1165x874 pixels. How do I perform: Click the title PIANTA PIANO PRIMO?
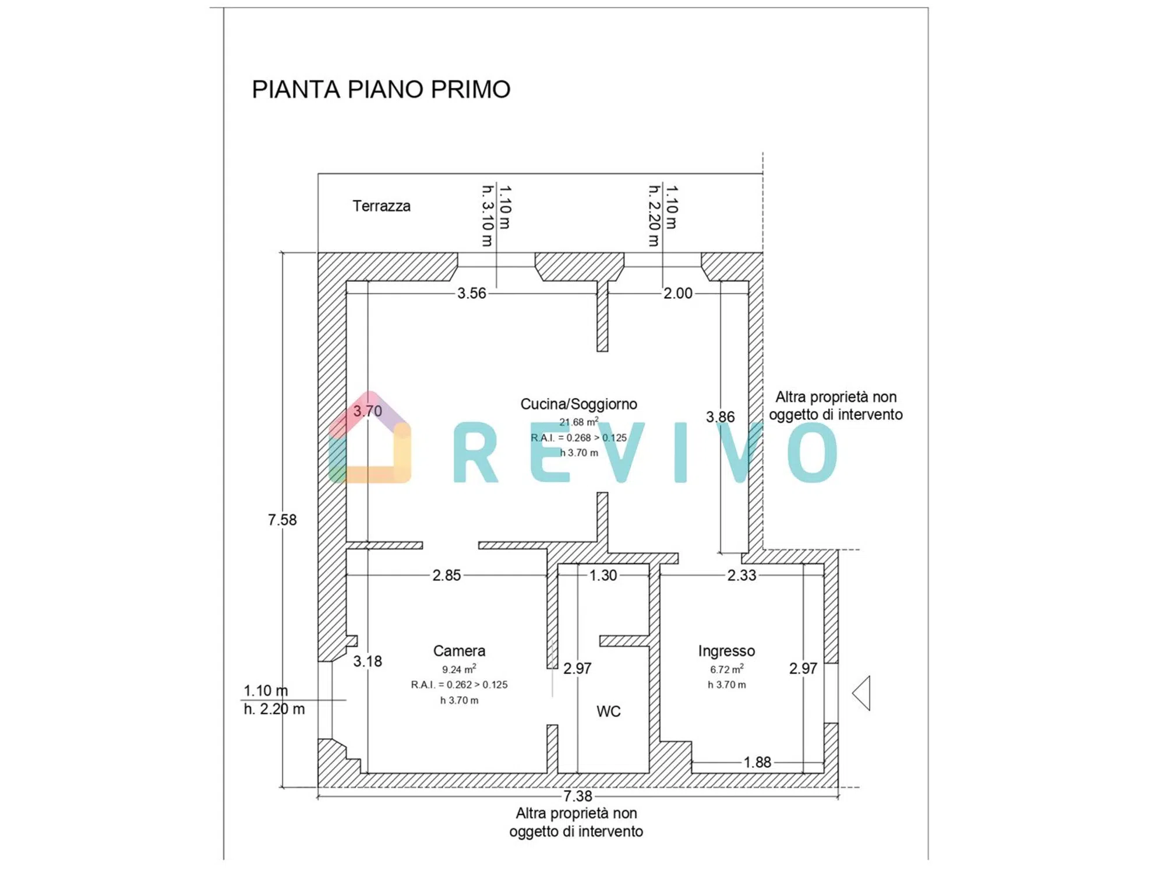coord(381,89)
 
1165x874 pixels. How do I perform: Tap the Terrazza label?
coord(382,206)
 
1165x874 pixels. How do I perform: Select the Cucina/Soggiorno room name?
coord(578,404)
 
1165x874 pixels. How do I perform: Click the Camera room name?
coord(459,651)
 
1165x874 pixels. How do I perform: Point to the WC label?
coord(609,711)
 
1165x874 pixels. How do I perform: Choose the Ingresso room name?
coord(726,651)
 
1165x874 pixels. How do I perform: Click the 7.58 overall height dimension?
coord(282,520)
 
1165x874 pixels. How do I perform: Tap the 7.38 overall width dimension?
coord(577,796)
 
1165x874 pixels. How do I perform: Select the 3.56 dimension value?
coord(471,293)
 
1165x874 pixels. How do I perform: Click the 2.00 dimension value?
coord(678,293)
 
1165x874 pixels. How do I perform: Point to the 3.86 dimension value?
coord(720,417)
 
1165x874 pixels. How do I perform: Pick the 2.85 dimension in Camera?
coord(446,576)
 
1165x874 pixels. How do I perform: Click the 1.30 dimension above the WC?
coord(603,576)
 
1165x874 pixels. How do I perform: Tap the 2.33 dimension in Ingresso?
coord(742,576)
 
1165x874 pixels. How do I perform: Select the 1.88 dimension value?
coord(757,762)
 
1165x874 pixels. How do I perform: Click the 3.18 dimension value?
coord(368,661)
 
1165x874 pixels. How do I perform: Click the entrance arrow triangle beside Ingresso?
coord(862,693)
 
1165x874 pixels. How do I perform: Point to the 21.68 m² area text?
coord(578,422)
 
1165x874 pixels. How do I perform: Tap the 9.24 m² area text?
coord(459,669)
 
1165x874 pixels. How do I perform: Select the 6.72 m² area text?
coord(726,669)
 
